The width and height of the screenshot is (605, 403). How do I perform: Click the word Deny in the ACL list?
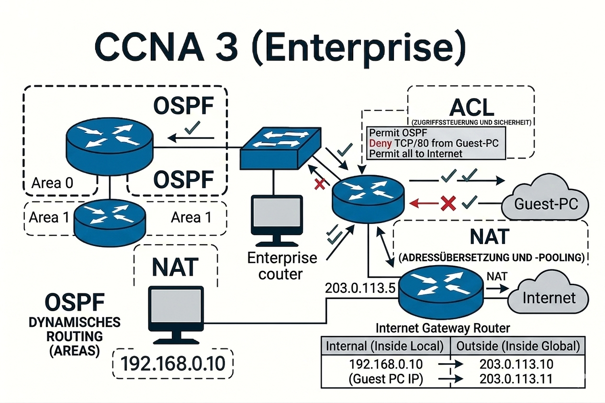click(x=379, y=143)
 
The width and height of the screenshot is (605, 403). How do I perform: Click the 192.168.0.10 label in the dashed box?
click(x=173, y=364)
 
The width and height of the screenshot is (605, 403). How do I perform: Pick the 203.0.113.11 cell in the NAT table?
click(x=516, y=379)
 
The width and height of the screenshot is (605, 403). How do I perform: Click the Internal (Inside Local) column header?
click(x=385, y=346)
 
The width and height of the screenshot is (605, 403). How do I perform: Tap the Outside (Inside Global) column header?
click(x=517, y=346)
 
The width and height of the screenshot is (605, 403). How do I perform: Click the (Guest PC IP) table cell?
click(x=385, y=379)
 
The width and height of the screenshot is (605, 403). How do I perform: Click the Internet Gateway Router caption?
click(x=443, y=328)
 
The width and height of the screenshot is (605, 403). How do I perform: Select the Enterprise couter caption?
click(x=282, y=266)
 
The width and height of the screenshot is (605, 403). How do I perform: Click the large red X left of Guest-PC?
click(x=448, y=203)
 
